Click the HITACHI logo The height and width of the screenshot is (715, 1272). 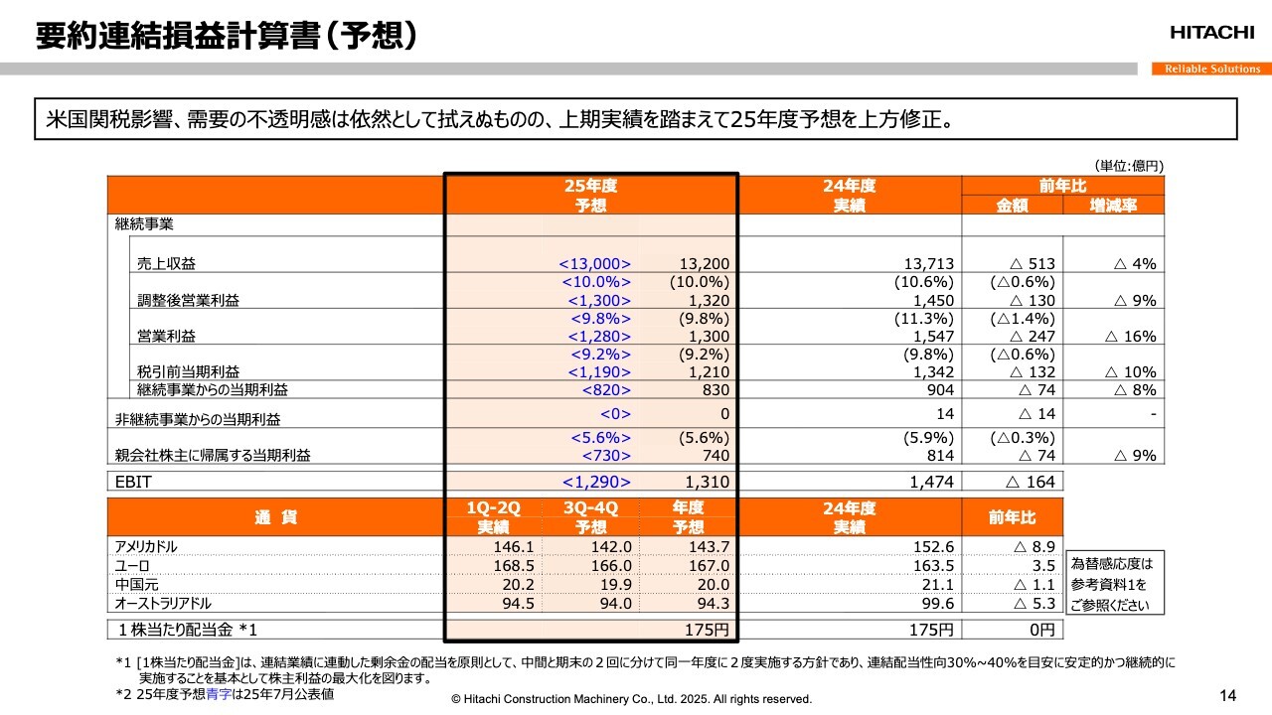coord(1211,33)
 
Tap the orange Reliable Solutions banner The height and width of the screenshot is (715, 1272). coord(1211,69)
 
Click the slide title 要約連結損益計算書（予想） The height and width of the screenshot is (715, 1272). coord(226,36)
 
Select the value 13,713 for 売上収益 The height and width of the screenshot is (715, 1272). coord(930,264)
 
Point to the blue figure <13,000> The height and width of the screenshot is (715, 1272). coord(595,264)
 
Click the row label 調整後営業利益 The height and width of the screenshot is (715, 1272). coord(188,301)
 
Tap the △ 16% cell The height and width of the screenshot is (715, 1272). coord(1131,337)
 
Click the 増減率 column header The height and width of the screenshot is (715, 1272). coord(1113,206)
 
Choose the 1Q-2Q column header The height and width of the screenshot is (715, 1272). coord(493,508)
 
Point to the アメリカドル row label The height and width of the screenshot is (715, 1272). coord(146,547)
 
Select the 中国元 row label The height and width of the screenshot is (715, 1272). coord(136,585)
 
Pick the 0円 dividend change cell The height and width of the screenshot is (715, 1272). coord(1035,630)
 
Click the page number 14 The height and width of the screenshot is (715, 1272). coord(1227,694)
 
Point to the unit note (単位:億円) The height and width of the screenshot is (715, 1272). coord(1129,166)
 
